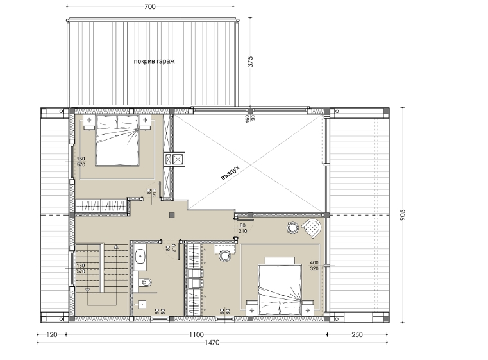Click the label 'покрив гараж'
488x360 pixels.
(155, 62)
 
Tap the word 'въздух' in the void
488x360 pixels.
(230, 173)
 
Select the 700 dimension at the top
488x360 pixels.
(150, 6)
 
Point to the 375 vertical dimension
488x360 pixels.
(250, 62)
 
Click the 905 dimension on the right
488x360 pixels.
(403, 215)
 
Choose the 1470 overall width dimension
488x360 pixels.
(212, 343)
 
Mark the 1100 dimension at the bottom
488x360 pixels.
(196, 334)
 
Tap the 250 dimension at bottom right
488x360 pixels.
(357, 334)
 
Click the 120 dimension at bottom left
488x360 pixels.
(52, 334)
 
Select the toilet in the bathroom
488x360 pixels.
(145, 282)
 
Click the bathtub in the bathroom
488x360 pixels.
(141, 257)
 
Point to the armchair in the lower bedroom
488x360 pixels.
(312, 228)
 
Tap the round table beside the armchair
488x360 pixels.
(292, 228)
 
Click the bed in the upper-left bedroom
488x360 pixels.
(117, 141)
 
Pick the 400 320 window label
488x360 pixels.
(314, 266)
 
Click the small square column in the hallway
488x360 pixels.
(172, 215)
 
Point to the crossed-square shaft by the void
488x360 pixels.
(174, 159)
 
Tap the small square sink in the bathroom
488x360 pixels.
(142, 304)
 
